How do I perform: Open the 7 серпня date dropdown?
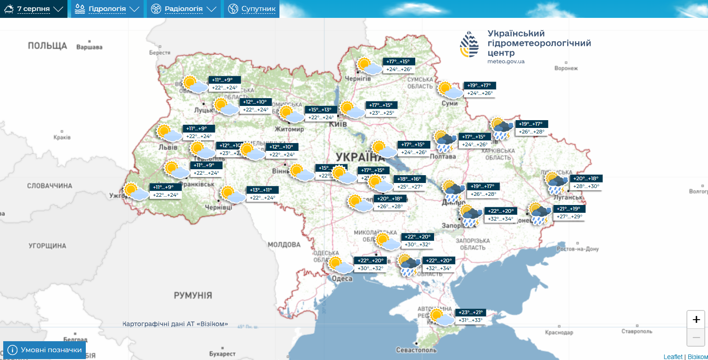(x=33, y=9)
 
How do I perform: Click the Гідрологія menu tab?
(x=107, y=9)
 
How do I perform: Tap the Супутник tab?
(x=252, y=9)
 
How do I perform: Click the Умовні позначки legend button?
(x=45, y=350)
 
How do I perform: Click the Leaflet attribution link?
(x=673, y=357)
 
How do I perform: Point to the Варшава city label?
(x=89, y=47)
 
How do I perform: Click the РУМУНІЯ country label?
(x=193, y=295)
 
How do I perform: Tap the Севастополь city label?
(x=416, y=350)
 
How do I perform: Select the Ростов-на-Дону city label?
(x=578, y=249)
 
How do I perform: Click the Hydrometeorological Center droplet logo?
(x=469, y=44)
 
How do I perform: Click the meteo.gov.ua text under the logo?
(x=506, y=61)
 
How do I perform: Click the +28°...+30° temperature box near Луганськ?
(x=585, y=186)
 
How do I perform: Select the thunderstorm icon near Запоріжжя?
(x=471, y=216)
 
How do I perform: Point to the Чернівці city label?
(x=219, y=208)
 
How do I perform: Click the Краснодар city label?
(x=559, y=332)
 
